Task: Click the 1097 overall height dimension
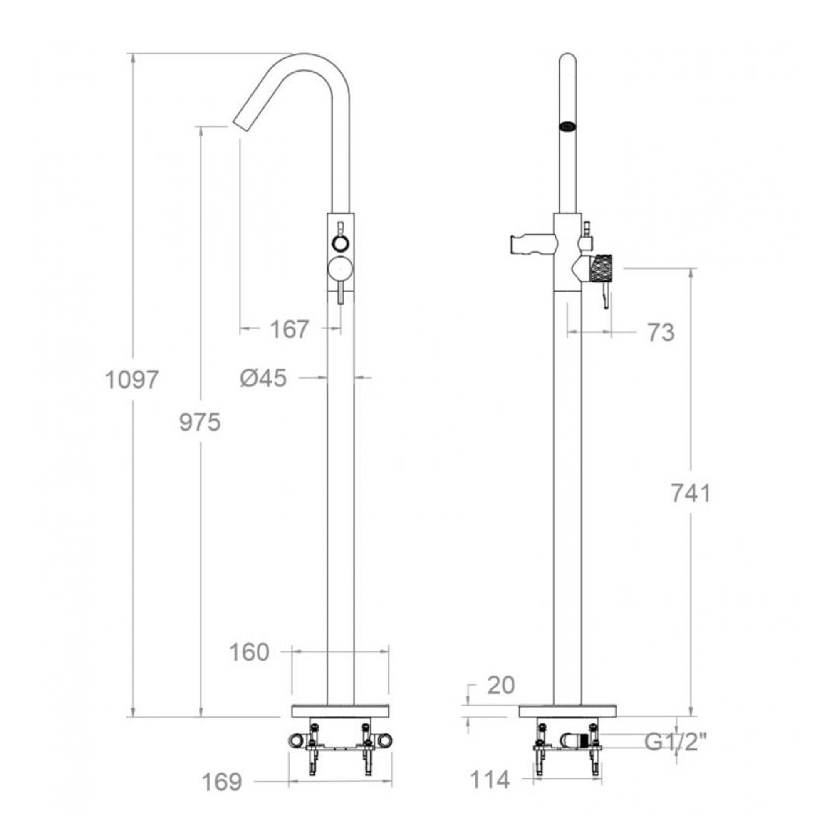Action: tap(132, 380)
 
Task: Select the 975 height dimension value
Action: tap(200, 423)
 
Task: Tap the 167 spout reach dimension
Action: tap(290, 329)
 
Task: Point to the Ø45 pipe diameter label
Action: tap(264, 379)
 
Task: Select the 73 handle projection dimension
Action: tap(661, 333)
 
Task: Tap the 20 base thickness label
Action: tap(501, 698)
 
